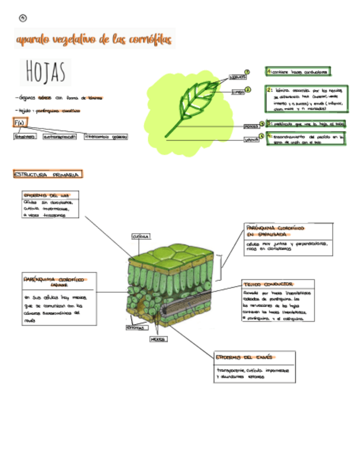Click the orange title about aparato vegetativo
[94, 39]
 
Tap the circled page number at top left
[22, 18]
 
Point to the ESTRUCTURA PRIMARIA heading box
[47, 174]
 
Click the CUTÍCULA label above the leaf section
[141, 237]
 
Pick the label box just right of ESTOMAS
[158, 339]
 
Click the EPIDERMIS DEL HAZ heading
[47, 195]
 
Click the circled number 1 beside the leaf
[247, 72]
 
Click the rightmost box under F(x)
[106, 137]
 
